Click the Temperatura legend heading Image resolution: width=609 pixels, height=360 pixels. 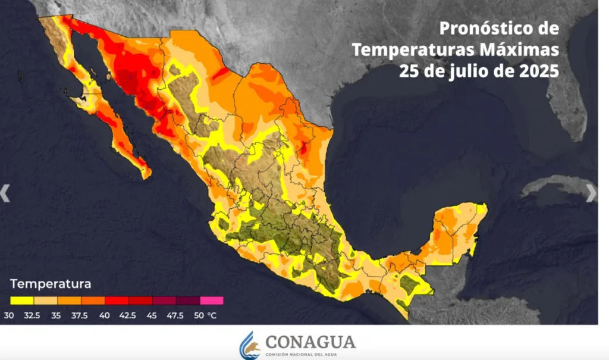tap(51, 283)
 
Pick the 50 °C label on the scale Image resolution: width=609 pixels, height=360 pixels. tap(205, 315)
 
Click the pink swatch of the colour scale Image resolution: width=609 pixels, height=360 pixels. tap(212, 300)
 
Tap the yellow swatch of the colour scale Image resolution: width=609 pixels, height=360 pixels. tap(22, 300)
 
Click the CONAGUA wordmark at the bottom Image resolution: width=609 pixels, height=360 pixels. tap(310, 342)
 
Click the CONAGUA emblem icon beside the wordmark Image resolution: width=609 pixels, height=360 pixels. tap(250, 345)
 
